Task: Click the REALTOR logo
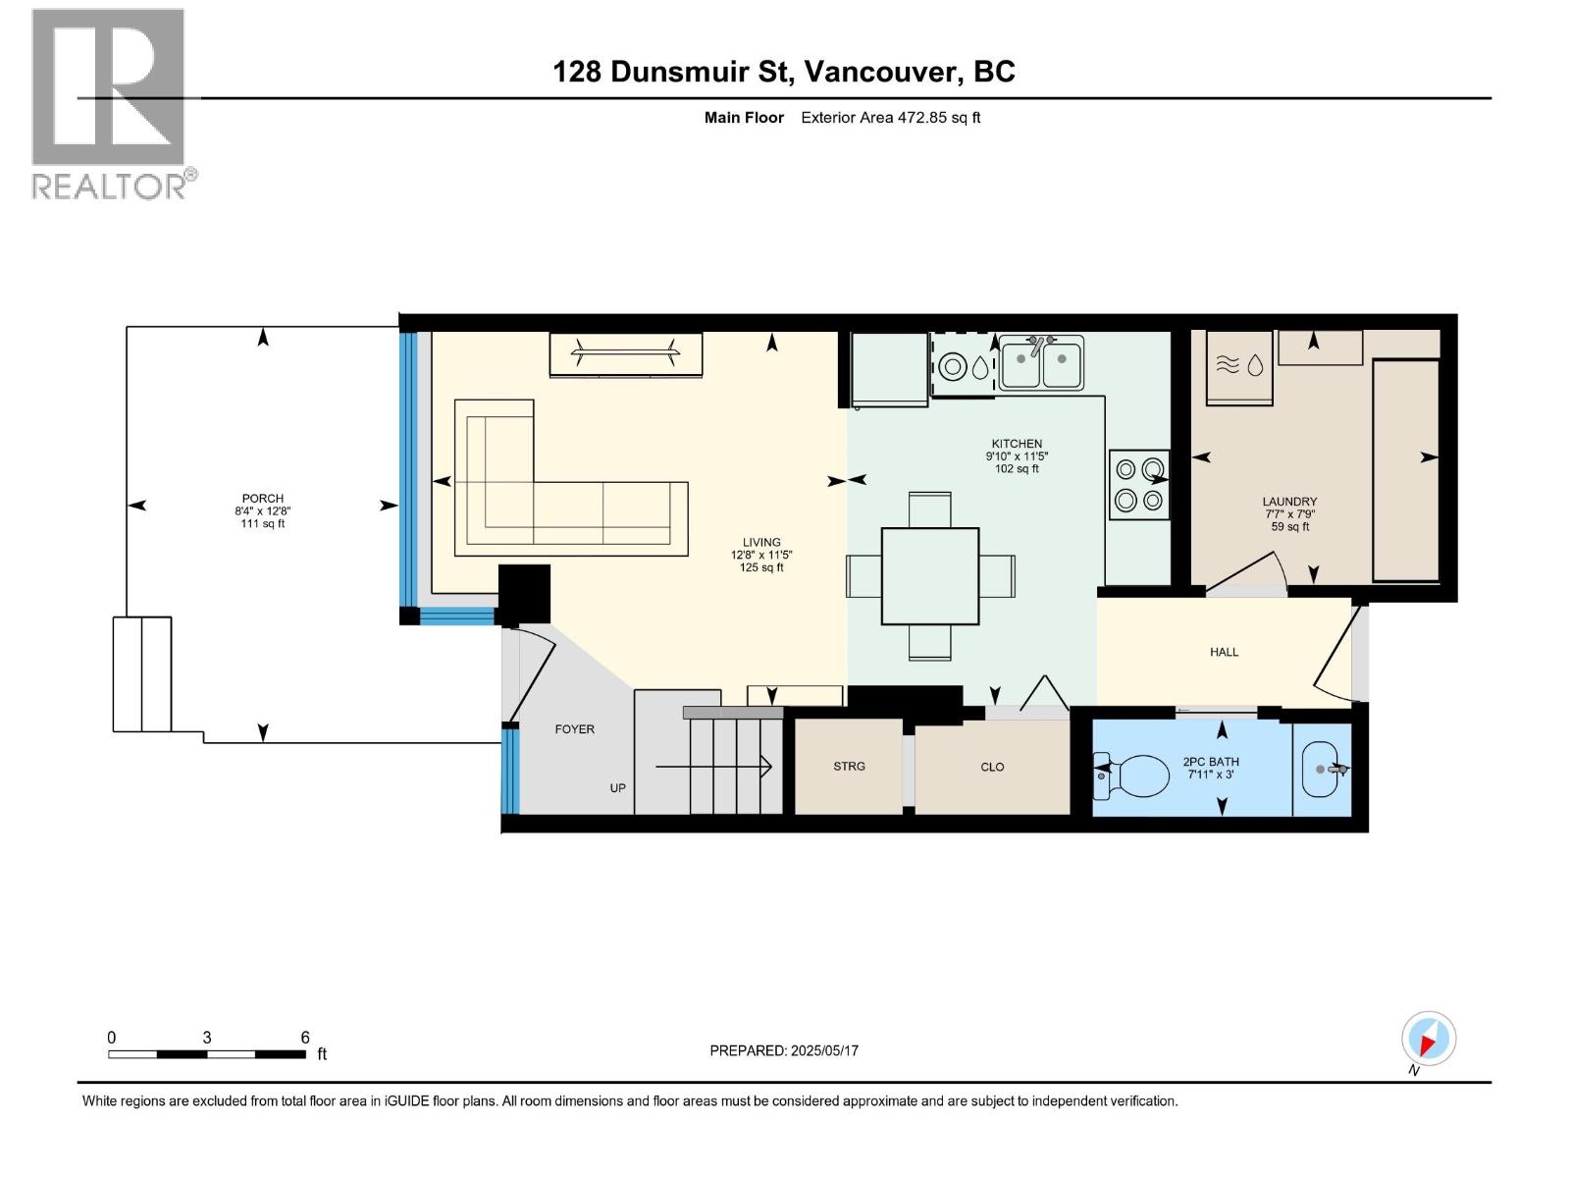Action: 108,103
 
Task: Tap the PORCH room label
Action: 262,499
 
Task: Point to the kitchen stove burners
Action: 1139,485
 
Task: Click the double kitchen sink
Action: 1041,364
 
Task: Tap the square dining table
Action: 929,576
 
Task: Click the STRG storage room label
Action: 849,767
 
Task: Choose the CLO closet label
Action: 992,768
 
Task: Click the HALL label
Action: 1224,652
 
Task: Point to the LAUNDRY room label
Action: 1289,502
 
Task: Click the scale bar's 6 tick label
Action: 305,1038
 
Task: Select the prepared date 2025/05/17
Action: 823,1050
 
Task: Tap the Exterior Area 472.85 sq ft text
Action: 890,118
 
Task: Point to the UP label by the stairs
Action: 617,788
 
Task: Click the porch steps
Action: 142,674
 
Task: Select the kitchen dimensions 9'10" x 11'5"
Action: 1017,456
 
